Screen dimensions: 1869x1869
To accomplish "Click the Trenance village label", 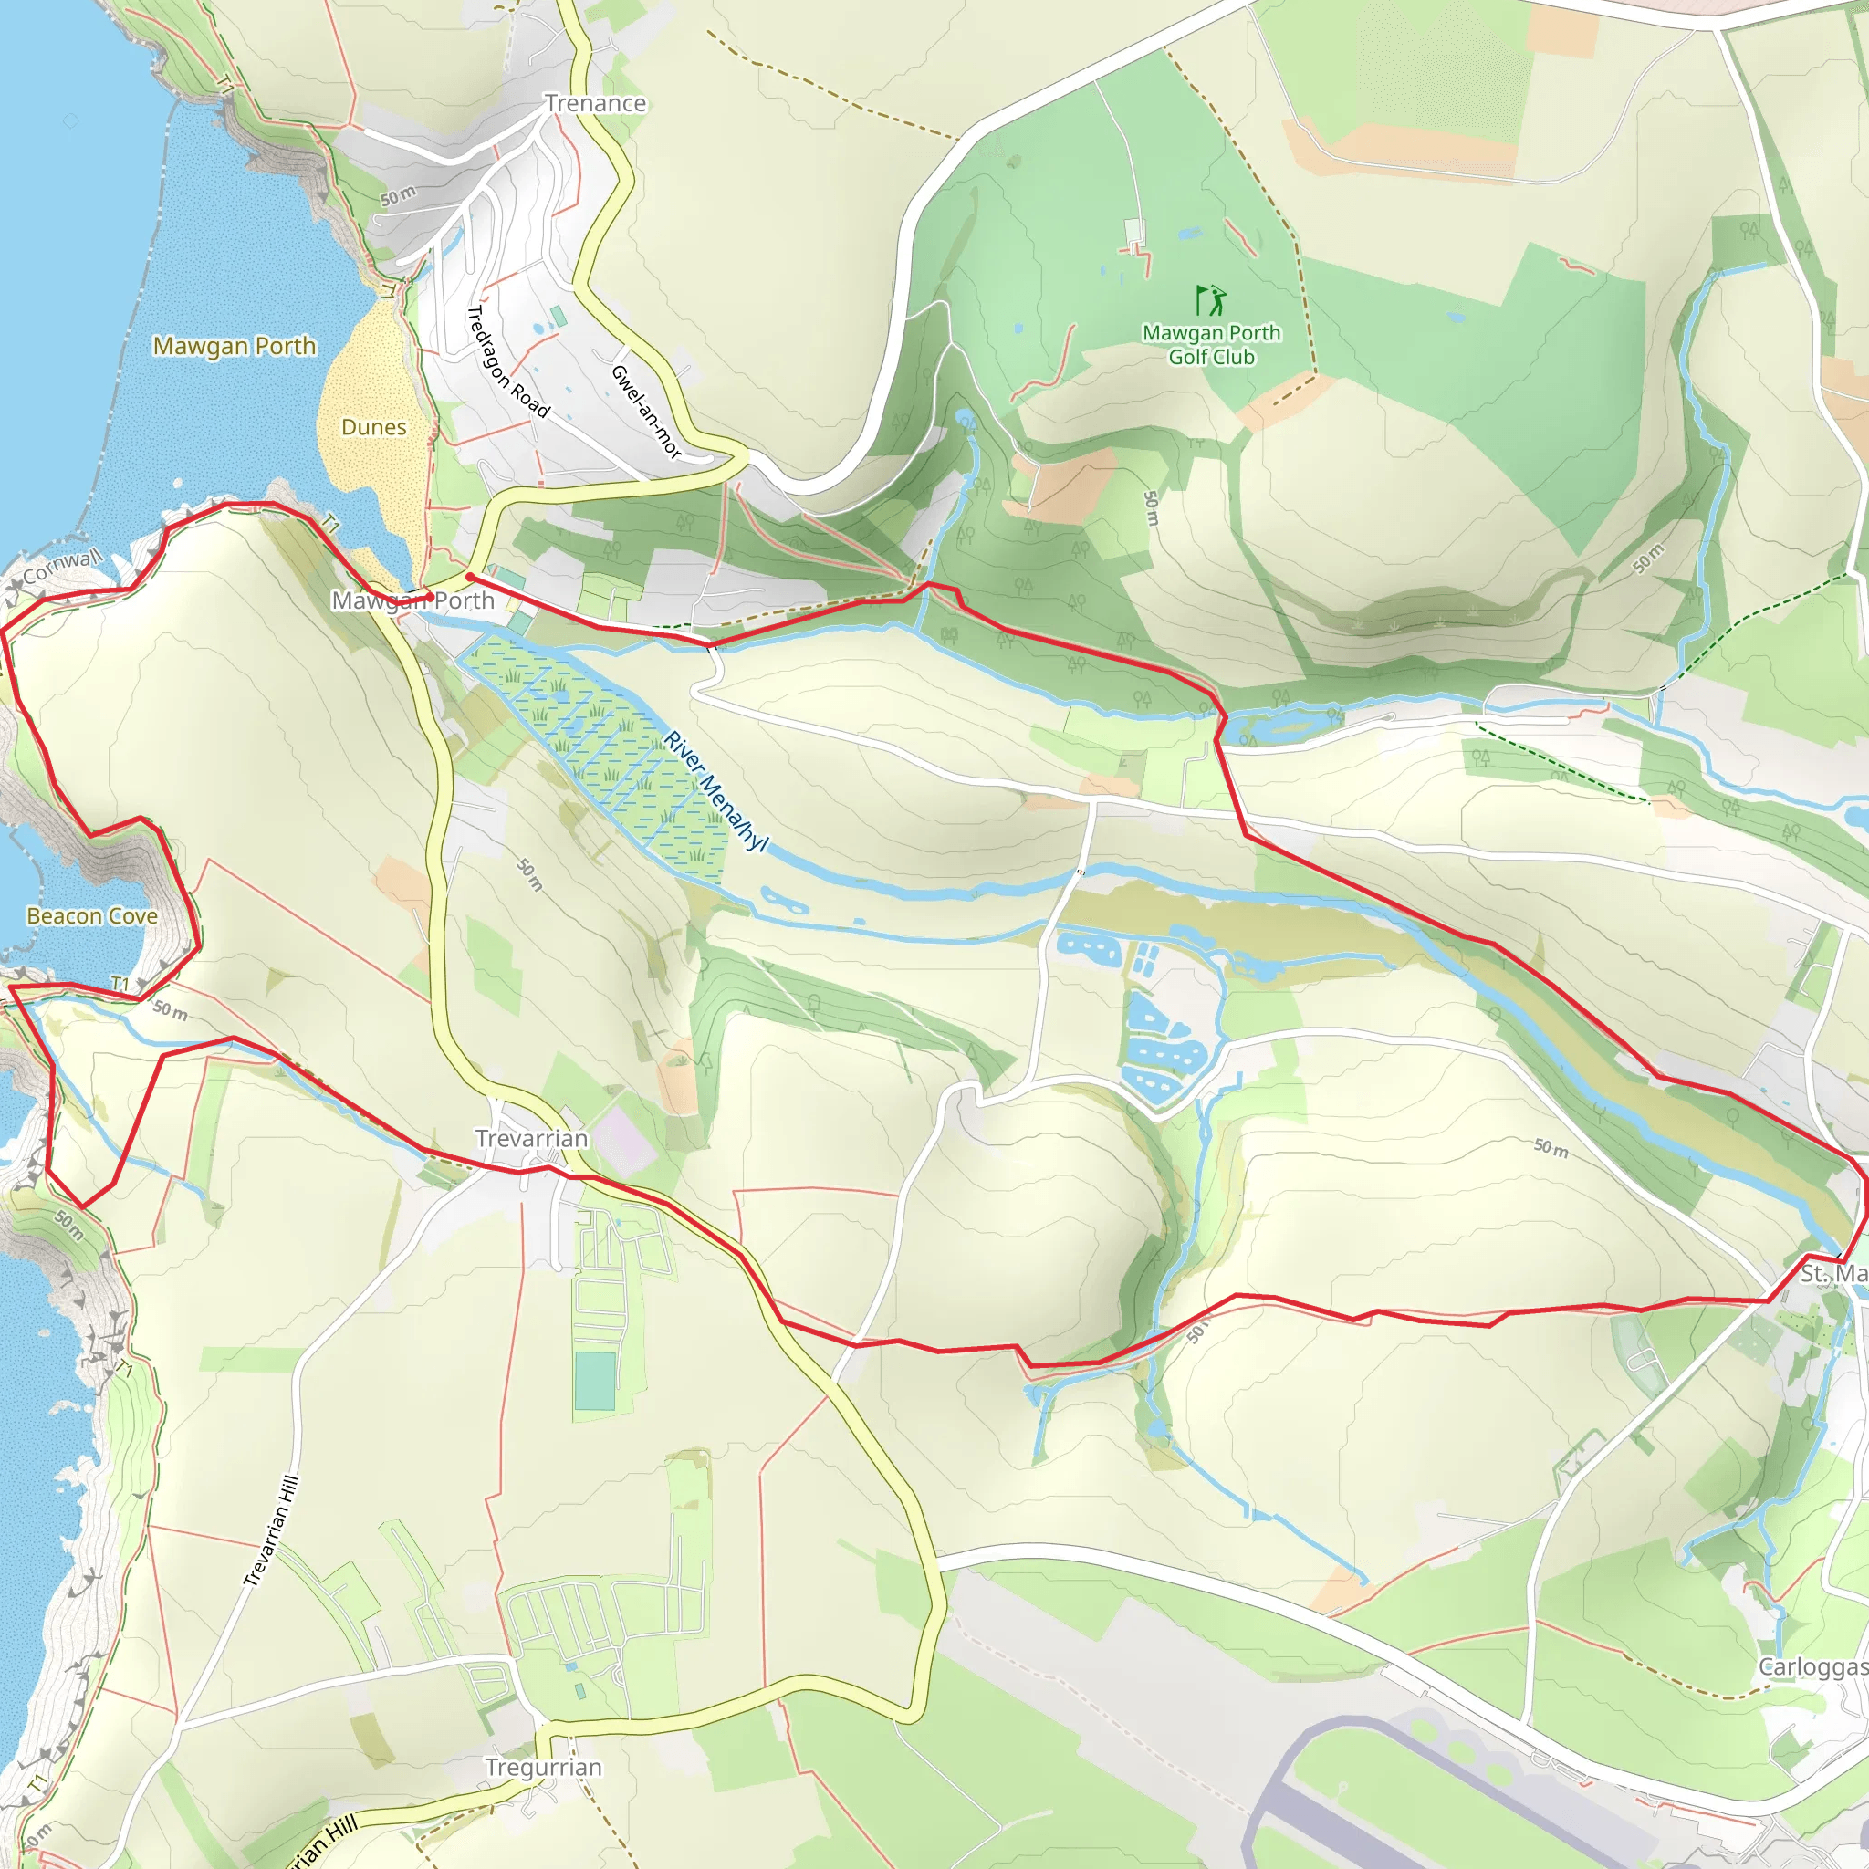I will pyautogui.click(x=595, y=103).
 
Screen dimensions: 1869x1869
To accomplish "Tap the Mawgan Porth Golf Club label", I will pyautogui.click(x=1211, y=344).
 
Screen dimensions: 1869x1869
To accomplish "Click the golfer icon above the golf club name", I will pyautogui.click(x=1210, y=300).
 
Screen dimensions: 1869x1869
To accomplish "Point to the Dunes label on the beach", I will pyautogui.click(x=373, y=426).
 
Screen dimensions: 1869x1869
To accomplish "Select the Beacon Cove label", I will pyautogui.click(x=92, y=916).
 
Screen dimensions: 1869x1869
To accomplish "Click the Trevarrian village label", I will pyautogui.click(x=531, y=1139).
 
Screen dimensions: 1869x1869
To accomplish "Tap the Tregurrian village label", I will pyautogui.click(x=544, y=1768).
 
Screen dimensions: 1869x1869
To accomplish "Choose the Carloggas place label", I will pyautogui.click(x=1812, y=1666).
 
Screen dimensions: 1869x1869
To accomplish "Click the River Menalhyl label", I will pyautogui.click(x=715, y=791).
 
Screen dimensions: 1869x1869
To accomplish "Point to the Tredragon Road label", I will pyautogui.click(x=508, y=361).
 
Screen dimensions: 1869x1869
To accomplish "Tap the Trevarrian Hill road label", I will pyautogui.click(x=271, y=1531).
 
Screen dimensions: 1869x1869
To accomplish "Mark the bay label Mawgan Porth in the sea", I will pyautogui.click(x=235, y=345).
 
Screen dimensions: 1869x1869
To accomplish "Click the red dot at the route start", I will pyautogui.click(x=470, y=578).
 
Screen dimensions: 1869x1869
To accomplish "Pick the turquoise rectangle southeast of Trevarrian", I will pyautogui.click(x=594, y=1382).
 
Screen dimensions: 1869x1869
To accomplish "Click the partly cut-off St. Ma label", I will pyautogui.click(x=1832, y=1274).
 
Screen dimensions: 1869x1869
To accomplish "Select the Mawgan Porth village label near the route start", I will pyautogui.click(x=413, y=600).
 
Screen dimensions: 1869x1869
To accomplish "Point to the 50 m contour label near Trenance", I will pyautogui.click(x=398, y=195).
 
